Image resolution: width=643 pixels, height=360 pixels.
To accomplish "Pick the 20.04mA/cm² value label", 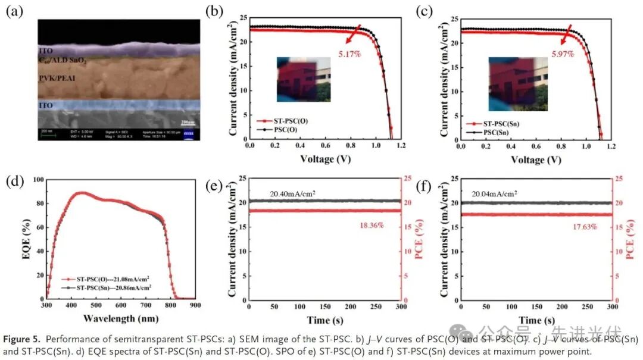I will pyautogui.click(x=495, y=193).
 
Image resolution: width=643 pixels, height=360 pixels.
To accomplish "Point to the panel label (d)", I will pyautogui.click(x=15, y=181).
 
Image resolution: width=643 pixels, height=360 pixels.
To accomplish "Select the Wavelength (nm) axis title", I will pyautogui.click(x=121, y=318).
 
